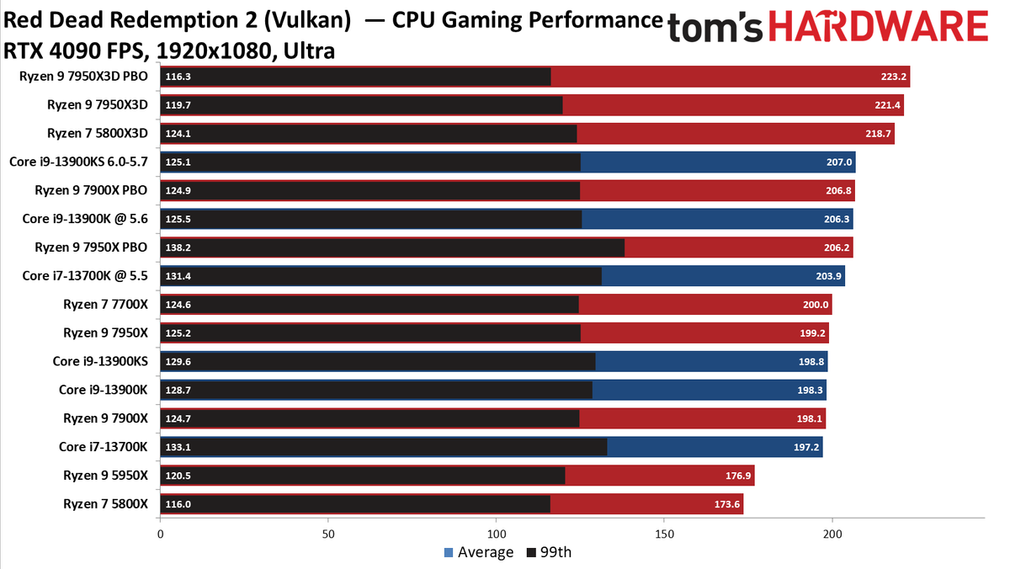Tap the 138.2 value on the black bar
point(179,247)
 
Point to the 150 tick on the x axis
point(664,534)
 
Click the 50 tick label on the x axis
point(328,534)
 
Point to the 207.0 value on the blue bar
point(839,162)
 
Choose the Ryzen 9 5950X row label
point(105,476)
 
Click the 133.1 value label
point(179,447)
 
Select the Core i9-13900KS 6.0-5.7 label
point(78,162)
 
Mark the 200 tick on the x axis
point(832,534)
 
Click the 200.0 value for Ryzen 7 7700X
point(816,305)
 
